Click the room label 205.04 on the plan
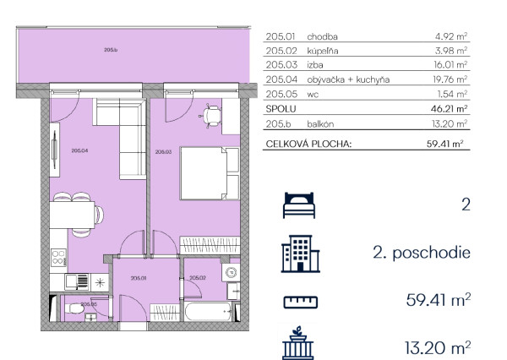(x=79, y=150)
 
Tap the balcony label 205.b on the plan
(x=111, y=50)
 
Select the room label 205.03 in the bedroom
(x=163, y=151)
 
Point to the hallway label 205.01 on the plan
(x=139, y=278)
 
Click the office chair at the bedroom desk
(x=210, y=116)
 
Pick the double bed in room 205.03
(x=210, y=173)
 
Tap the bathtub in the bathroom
(x=208, y=311)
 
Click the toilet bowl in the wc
(x=74, y=308)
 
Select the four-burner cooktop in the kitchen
(x=58, y=258)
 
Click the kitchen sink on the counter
(x=77, y=282)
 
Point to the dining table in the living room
(x=72, y=215)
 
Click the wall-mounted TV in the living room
(x=55, y=150)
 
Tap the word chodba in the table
(x=322, y=36)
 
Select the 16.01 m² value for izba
(x=450, y=65)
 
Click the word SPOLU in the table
(x=281, y=109)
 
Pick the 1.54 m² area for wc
(x=452, y=94)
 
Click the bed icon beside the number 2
(x=299, y=205)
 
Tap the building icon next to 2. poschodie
(x=300, y=254)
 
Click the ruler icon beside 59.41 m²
(x=300, y=302)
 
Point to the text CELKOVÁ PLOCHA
(x=308, y=144)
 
